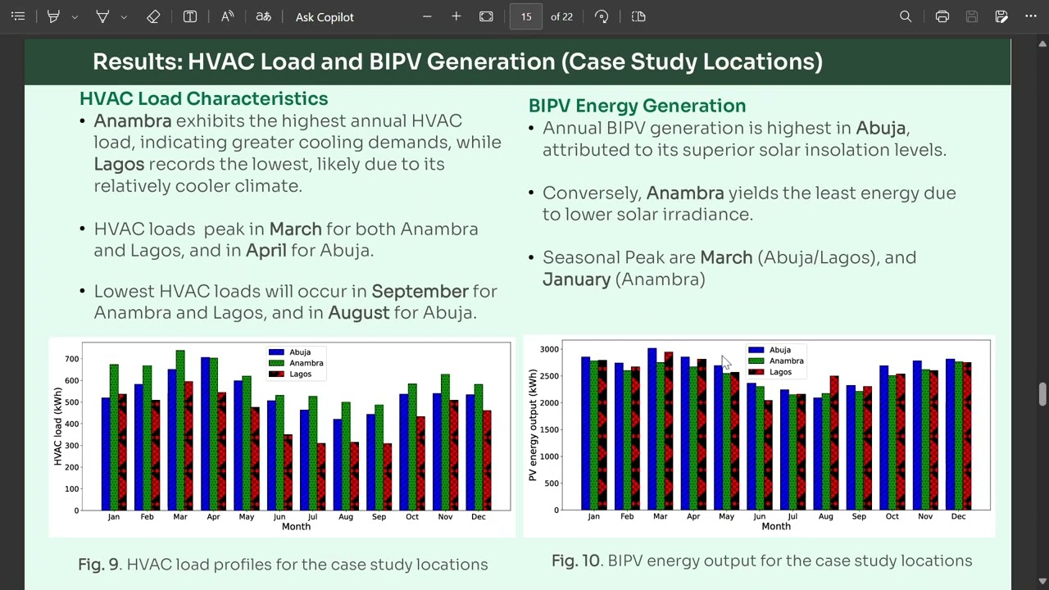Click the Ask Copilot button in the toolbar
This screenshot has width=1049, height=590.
325,16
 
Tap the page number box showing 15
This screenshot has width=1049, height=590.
525,16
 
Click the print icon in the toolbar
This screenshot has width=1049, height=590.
942,16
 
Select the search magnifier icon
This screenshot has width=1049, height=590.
906,16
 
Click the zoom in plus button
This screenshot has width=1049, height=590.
456,16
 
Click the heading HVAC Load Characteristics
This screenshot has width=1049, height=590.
203,98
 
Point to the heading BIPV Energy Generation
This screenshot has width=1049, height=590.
637,106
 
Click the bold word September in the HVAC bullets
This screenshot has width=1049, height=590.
420,291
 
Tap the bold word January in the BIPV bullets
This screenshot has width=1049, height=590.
576,279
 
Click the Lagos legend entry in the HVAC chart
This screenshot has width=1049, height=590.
300,374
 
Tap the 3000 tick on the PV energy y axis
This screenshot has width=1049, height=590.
548,350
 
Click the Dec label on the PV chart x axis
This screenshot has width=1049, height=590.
958,516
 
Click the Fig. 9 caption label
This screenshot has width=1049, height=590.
98,565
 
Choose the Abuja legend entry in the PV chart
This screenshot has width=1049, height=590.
779,350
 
